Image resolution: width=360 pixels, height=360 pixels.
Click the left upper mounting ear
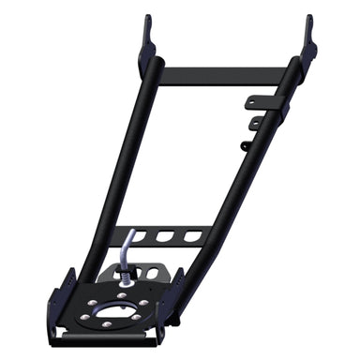[147, 35]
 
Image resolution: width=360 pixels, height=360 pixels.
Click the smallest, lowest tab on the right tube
[244, 145]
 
